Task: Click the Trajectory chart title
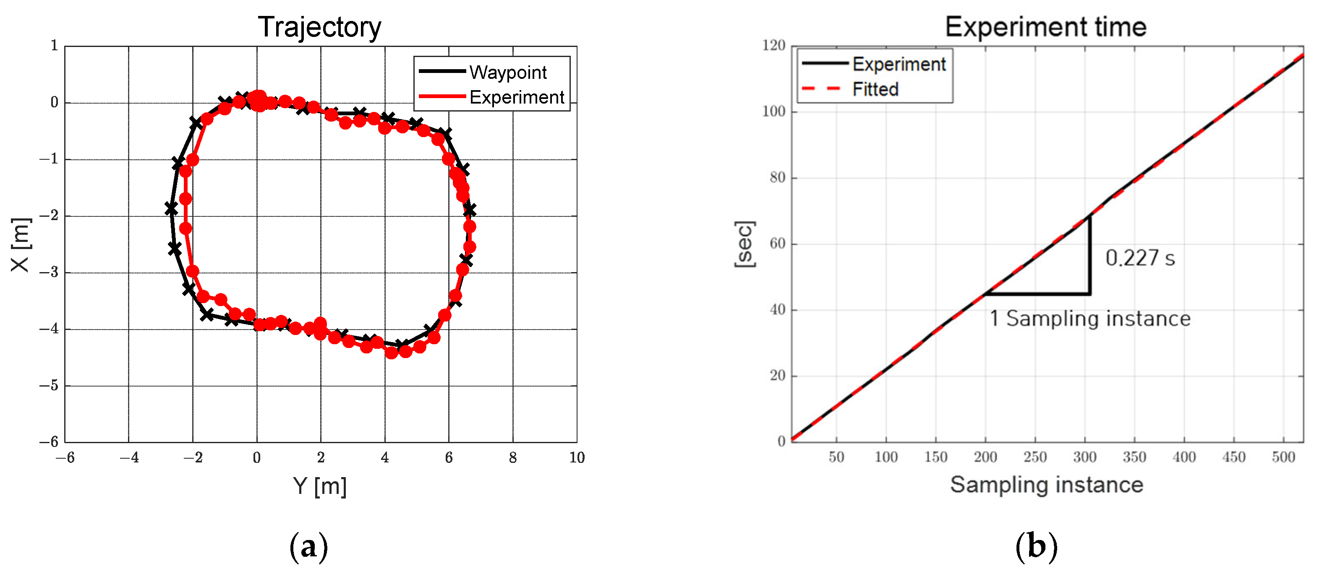tap(319, 27)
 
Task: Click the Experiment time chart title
tap(1045, 27)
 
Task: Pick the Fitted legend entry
tap(875, 89)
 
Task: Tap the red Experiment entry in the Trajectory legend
tap(516, 97)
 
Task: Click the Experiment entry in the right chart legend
tap(899, 64)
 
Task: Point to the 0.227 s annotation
tap(1140, 258)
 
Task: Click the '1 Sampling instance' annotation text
tap(1089, 319)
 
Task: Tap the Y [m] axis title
tap(319, 485)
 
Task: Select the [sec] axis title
tap(744, 244)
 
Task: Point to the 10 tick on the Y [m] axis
tap(577, 457)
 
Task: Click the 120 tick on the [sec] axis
tap(774, 46)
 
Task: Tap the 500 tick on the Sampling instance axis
tap(1283, 457)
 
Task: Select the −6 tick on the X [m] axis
tap(49, 441)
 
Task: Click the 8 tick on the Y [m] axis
tap(513, 457)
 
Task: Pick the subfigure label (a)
tap(308, 547)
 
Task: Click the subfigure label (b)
tap(1036, 547)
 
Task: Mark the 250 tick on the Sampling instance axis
tap(1035, 457)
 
